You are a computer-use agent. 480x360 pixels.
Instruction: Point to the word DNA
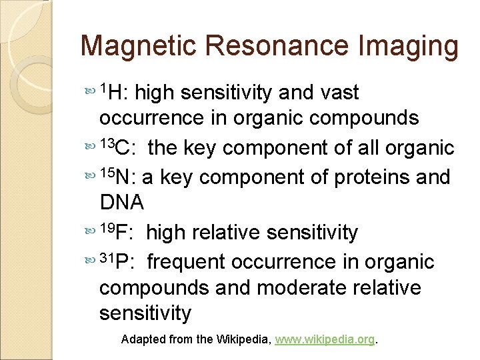[121, 202]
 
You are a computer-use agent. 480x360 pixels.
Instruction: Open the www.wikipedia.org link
[325, 339]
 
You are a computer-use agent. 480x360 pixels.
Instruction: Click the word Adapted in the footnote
[143, 339]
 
